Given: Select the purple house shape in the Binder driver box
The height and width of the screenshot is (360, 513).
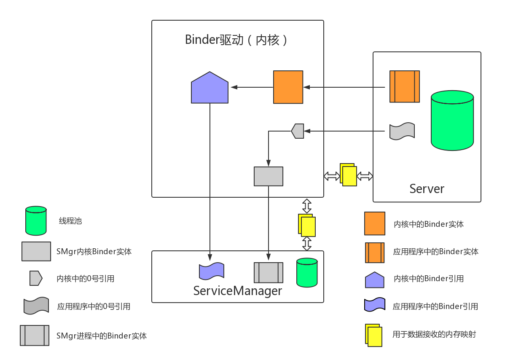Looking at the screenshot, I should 209,89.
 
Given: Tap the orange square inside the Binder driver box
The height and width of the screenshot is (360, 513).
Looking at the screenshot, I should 288,87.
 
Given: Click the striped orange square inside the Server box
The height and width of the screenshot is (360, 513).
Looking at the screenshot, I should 404,86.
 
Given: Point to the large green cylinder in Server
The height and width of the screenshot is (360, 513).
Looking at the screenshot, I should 452,121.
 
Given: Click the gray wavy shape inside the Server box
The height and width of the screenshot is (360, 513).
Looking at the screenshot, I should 402,132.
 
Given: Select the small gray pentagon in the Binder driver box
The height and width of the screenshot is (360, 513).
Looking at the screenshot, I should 298,131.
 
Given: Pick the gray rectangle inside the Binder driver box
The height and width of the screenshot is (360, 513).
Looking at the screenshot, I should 268,176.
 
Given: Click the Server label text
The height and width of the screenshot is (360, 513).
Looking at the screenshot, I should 427,188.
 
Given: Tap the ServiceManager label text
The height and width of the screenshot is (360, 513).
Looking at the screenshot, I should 237,290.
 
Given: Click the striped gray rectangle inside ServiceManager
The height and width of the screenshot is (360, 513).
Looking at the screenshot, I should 268,272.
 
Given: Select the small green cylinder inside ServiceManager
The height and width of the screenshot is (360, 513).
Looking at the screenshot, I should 306,272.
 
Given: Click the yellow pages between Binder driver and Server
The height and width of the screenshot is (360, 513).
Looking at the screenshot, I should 348,175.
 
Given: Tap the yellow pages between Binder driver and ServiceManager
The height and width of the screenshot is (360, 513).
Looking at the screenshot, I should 307,225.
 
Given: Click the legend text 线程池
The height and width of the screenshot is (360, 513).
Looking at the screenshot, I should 70,221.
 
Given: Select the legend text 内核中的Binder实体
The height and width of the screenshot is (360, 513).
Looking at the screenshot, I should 428,224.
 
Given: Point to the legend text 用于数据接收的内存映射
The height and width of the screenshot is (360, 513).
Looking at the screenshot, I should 434,334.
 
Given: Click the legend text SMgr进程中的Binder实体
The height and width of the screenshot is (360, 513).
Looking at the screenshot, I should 101,336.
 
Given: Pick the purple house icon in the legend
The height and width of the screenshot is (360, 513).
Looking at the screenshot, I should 374,279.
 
